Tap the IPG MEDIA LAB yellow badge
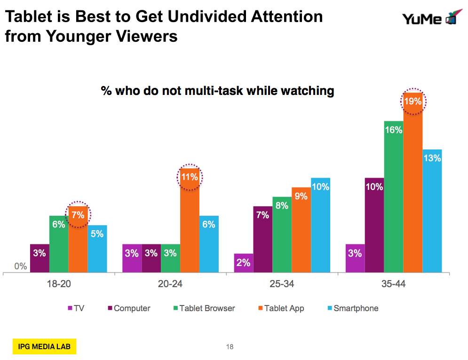[x=44, y=347]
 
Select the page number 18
[x=230, y=347]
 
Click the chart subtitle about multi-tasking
[x=217, y=91]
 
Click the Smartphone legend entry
[x=352, y=308]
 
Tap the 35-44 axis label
[x=394, y=284]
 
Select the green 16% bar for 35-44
[x=394, y=197]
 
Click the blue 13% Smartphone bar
[x=432, y=211]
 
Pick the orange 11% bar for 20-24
[x=190, y=221]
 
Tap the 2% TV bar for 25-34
[x=243, y=263]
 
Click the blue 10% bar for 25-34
[x=320, y=226]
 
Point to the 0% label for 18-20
[x=21, y=266]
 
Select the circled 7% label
[x=78, y=215]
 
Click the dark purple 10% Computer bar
[x=374, y=226]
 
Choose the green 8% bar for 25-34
[x=282, y=235]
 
